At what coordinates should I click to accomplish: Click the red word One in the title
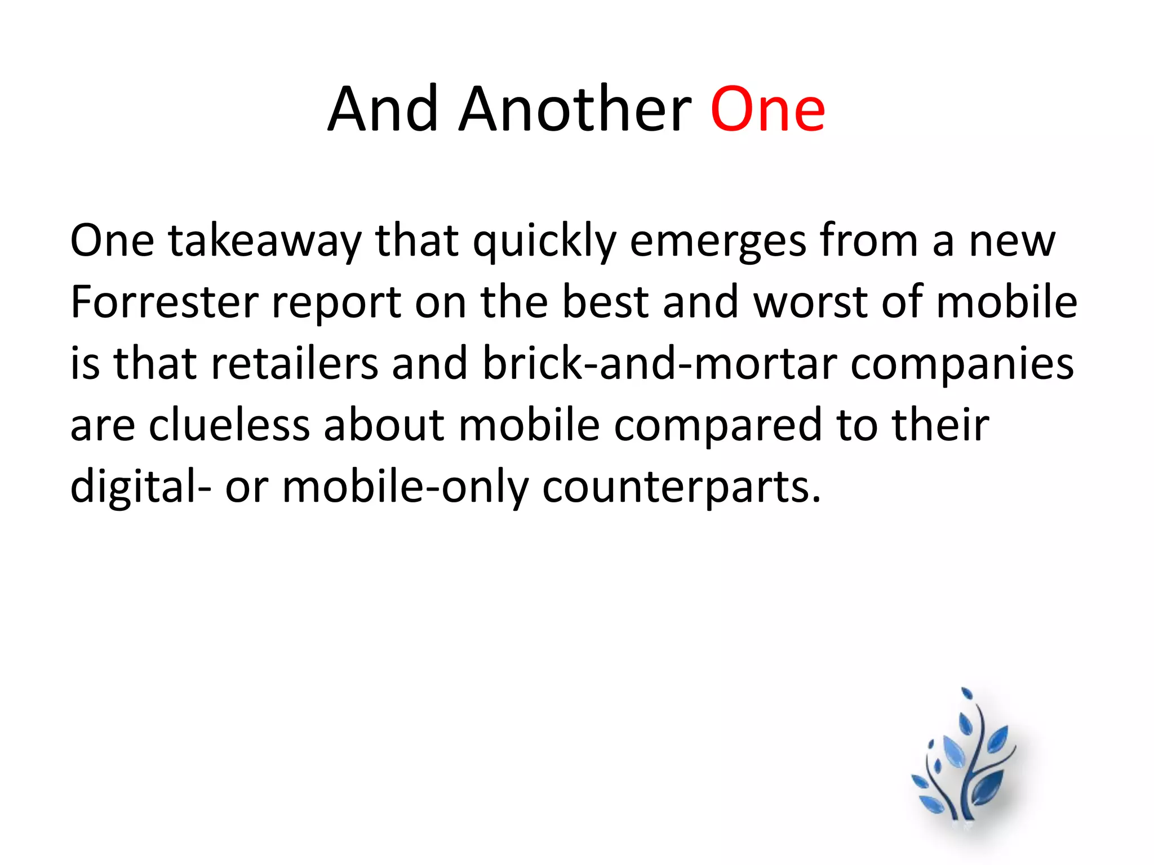pos(767,110)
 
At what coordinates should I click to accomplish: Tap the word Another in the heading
pos(575,110)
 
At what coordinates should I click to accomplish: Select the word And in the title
pos(383,110)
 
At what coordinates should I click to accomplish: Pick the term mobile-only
pos(406,488)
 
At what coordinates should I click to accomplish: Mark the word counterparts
pos(681,488)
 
